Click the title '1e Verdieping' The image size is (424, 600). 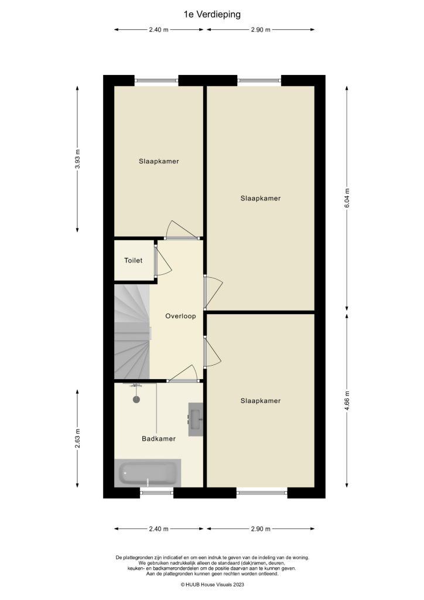tap(211, 15)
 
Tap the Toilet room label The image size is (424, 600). tap(133, 261)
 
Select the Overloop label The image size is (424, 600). tap(180, 316)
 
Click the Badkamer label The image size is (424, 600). tap(159, 438)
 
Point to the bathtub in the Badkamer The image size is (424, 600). tap(148, 473)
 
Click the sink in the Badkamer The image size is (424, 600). tap(195, 419)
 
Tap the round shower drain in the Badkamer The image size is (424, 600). tap(136, 400)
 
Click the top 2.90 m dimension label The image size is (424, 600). tap(260, 29)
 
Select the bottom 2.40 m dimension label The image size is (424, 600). tap(159, 529)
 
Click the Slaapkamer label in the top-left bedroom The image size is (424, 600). tap(159, 161)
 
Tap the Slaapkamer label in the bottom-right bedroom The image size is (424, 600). tap(260, 401)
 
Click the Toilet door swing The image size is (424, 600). tap(162, 262)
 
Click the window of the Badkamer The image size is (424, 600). tap(157, 493)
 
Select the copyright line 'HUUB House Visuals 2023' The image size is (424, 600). tap(211, 584)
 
